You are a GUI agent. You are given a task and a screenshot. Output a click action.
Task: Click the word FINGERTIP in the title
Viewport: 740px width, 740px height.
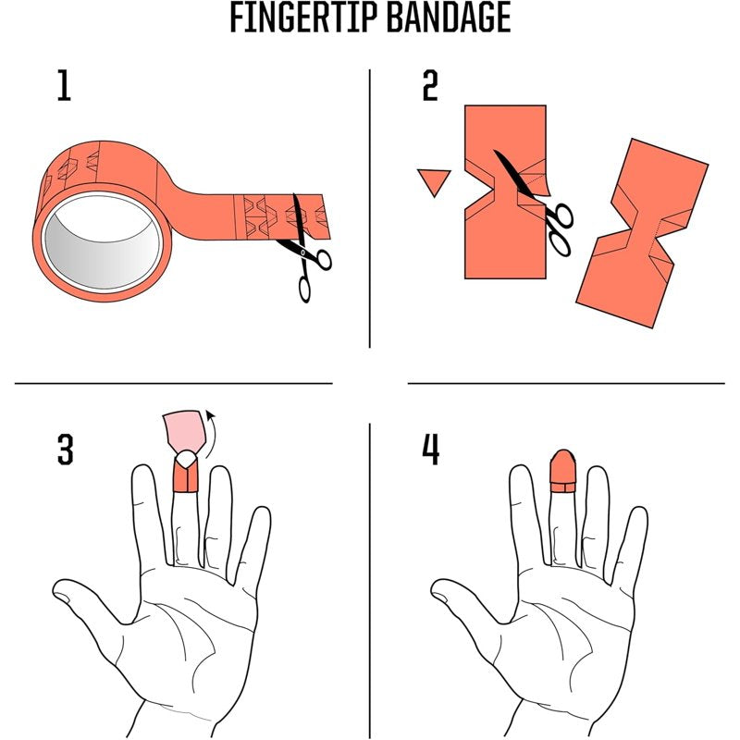304,18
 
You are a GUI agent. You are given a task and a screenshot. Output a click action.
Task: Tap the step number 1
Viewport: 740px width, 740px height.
64,85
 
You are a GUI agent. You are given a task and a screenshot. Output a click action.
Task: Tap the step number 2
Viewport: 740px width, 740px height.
430,85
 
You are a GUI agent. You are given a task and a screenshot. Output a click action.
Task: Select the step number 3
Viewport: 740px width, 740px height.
65,450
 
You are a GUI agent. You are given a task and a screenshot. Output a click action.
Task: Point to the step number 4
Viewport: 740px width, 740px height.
430,450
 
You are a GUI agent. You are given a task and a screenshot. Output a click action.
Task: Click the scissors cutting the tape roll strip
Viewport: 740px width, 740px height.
305,249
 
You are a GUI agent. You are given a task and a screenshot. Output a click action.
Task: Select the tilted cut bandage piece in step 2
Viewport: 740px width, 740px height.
643,233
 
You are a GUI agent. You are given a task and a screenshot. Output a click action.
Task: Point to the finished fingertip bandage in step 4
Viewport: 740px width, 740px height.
563,471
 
